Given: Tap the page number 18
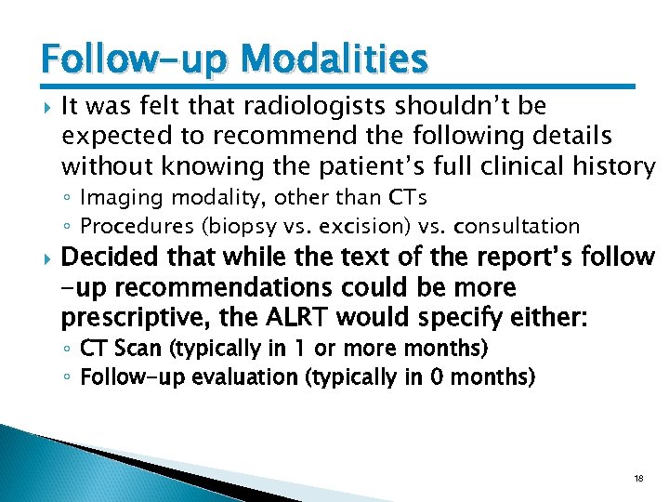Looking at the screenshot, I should click(x=637, y=478).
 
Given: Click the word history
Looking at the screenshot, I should click(x=615, y=166).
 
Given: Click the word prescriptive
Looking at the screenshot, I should click(x=120, y=316).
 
